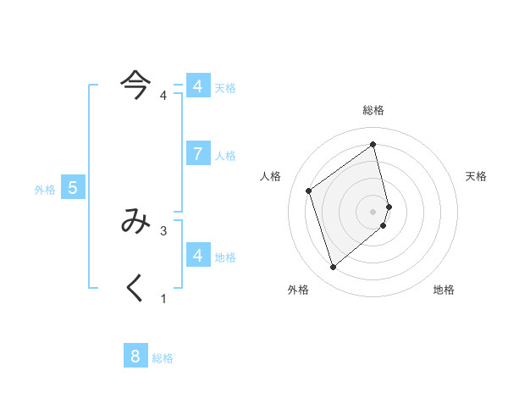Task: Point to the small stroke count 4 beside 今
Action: (x=163, y=95)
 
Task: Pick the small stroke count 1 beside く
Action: (x=163, y=298)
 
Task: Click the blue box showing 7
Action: (x=197, y=153)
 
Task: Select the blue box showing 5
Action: (x=72, y=188)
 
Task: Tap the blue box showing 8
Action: (x=135, y=356)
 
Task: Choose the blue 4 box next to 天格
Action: (x=197, y=86)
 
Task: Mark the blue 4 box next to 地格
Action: (x=197, y=254)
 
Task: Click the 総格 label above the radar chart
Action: (x=373, y=110)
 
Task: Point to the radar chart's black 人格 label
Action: (x=270, y=176)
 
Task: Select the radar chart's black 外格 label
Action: (x=298, y=290)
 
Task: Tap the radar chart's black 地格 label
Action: (x=444, y=290)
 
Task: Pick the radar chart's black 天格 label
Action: (x=477, y=176)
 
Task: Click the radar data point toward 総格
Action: (x=373, y=144)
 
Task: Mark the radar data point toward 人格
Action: (x=309, y=191)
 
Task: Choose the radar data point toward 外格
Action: (x=333, y=268)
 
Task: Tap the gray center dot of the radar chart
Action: (x=373, y=211)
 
